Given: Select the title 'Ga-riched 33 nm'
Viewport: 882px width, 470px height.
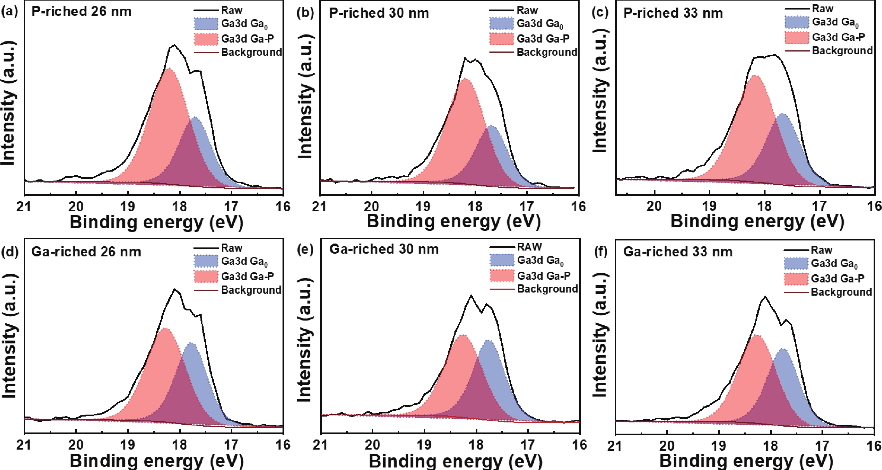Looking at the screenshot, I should (678, 252).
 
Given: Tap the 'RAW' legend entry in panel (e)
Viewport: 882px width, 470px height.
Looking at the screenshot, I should (529, 247).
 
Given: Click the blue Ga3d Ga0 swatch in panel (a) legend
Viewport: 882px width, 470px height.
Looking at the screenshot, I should (206, 24).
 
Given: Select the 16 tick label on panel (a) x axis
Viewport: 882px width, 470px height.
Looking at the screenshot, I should (283, 206).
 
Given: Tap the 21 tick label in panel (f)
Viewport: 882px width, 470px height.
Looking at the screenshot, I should (615, 445).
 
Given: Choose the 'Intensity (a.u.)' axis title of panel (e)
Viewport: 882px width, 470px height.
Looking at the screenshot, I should (304, 340).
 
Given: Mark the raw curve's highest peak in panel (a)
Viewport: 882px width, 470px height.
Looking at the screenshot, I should (175, 45).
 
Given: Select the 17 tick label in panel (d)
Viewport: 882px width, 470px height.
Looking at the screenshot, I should (231, 445).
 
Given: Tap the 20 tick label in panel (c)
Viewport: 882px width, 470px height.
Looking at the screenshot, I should (654, 206).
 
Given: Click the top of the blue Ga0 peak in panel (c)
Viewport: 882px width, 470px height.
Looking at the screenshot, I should (782, 114).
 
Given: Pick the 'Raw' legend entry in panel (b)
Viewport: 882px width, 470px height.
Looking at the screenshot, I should (527, 10).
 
